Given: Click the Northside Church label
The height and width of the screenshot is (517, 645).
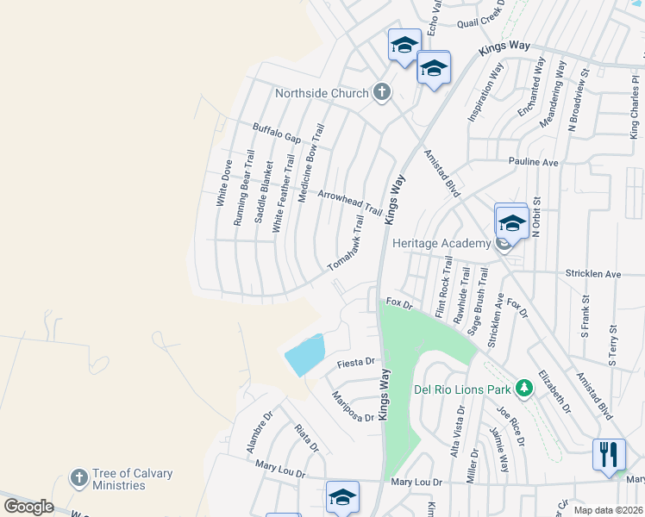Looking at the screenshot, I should click(x=322, y=93).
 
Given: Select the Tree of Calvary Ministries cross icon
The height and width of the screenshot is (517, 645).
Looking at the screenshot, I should click(x=78, y=477).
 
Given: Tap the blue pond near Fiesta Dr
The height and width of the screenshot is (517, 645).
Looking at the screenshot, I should click(x=304, y=354).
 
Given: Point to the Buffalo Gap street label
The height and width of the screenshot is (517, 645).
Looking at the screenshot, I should click(x=276, y=133).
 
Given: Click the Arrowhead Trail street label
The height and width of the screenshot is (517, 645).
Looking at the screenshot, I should click(x=349, y=203).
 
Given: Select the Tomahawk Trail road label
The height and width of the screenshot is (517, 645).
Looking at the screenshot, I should click(x=347, y=244).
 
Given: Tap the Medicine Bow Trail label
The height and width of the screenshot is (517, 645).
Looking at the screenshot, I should click(x=310, y=162).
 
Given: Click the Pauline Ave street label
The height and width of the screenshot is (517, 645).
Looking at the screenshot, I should click(x=534, y=162).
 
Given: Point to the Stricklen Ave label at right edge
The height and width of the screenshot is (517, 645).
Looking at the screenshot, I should click(x=593, y=274).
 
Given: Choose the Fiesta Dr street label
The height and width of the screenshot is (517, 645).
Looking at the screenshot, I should click(x=358, y=362).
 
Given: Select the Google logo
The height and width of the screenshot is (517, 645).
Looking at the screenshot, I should click(x=28, y=506).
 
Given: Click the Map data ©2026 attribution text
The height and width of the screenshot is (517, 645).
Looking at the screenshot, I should click(x=608, y=509).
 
